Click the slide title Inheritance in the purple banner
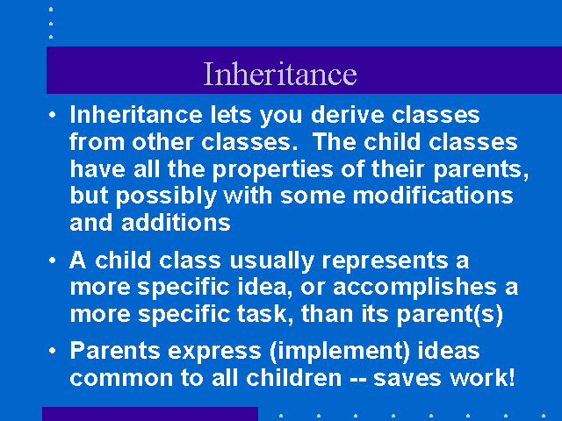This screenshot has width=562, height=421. click(x=280, y=74)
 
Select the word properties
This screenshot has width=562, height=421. click(x=273, y=170)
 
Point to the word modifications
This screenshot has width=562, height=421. click(x=433, y=196)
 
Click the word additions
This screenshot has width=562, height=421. click(x=176, y=223)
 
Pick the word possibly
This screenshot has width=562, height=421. click(x=166, y=196)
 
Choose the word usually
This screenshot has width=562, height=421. click(x=272, y=261)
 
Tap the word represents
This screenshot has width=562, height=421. click(x=385, y=261)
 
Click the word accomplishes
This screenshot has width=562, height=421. click(x=415, y=289)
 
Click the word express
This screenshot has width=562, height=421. click(x=214, y=352)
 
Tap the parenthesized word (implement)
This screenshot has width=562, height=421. click(x=340, y=351)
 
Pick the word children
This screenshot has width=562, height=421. click(x=294, y=378)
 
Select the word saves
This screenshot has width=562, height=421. click(x=407, y=379)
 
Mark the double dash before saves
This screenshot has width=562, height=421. click(x=357, y=380)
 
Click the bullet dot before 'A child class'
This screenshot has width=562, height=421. click(x=53, y=260)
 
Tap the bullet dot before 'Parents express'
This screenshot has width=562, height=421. click(x=53, y=351)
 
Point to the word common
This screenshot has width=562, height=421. click(x=121, y=379)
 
